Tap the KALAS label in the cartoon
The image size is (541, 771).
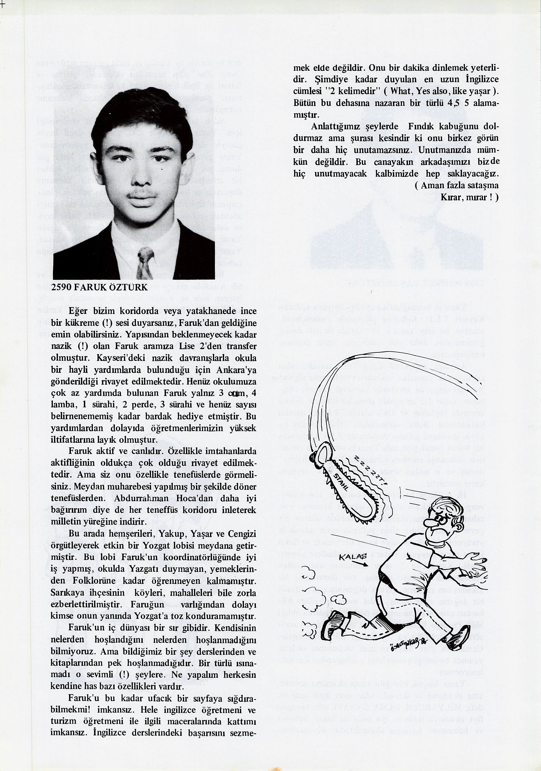[352, 557]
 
